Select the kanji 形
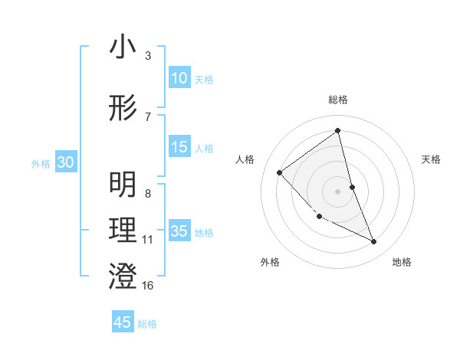123,108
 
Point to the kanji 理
123,231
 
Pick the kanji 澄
123,277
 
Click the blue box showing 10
179,78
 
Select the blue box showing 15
179,147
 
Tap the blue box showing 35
179,231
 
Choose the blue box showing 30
65,162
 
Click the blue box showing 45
123,322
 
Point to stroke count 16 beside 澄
148,286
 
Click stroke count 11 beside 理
148,240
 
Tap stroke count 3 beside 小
147,56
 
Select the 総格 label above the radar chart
337,100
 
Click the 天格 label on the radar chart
432,159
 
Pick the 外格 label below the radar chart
270,262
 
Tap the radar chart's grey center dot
337,191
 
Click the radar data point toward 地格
374,242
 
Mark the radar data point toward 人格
280,172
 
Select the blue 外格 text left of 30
41,163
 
